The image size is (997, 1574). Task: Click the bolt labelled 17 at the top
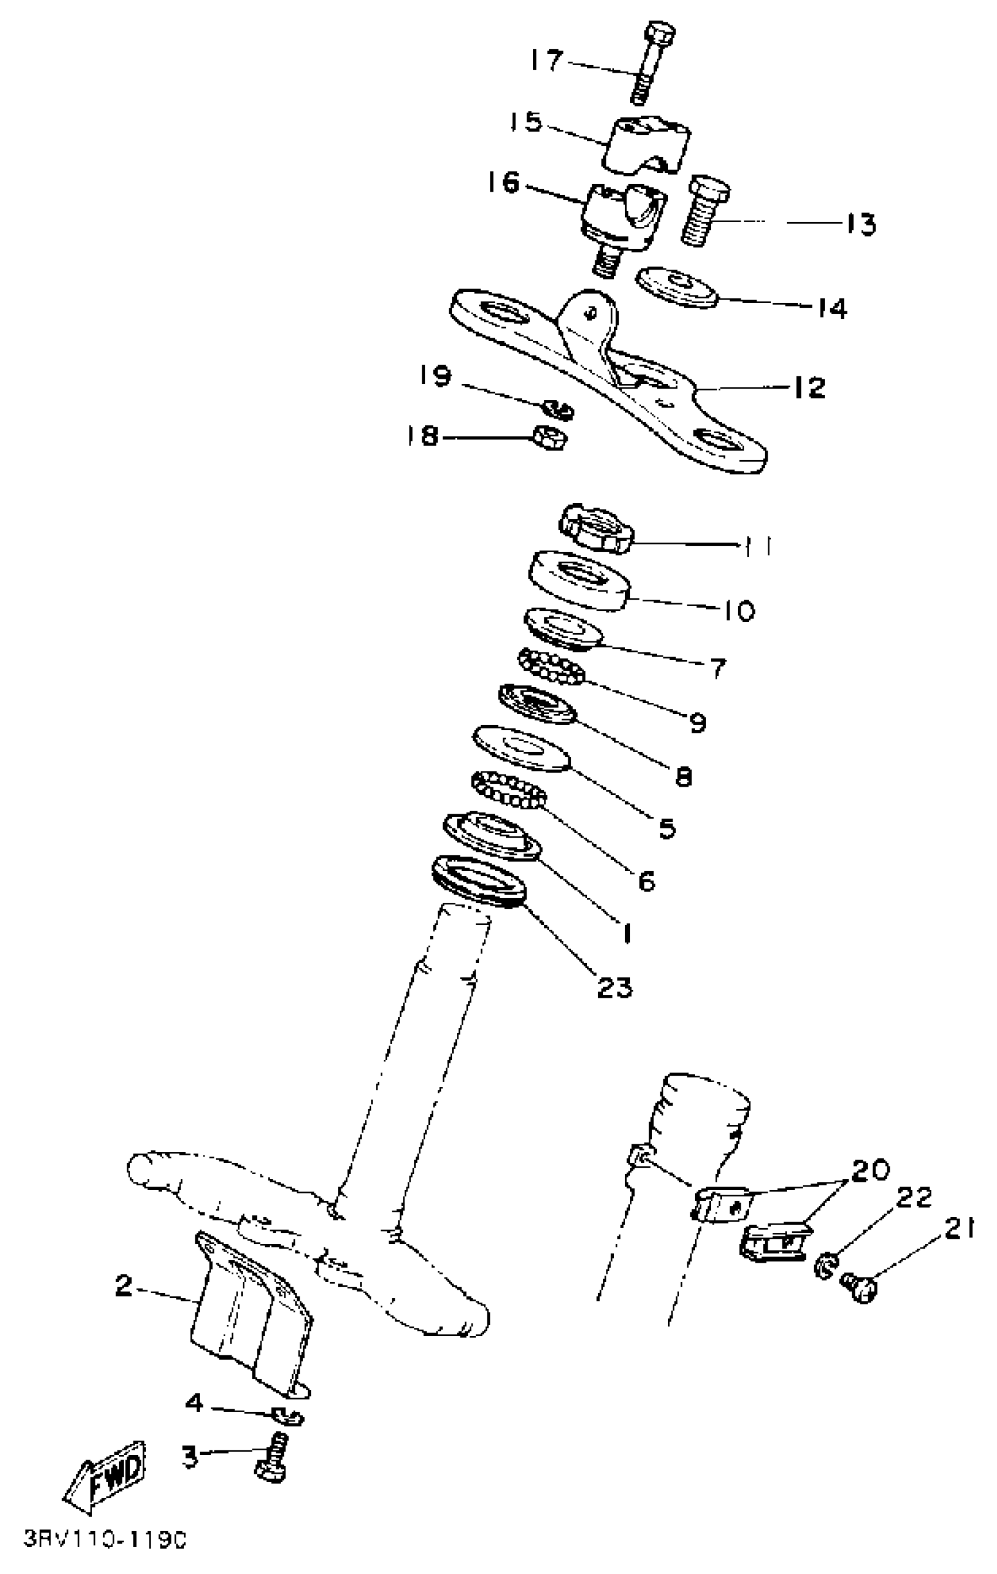(650, 62)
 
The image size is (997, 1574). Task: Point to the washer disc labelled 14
(678, 286)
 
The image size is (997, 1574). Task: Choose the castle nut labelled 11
(595, 528)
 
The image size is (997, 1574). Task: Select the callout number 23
(615, 987)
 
